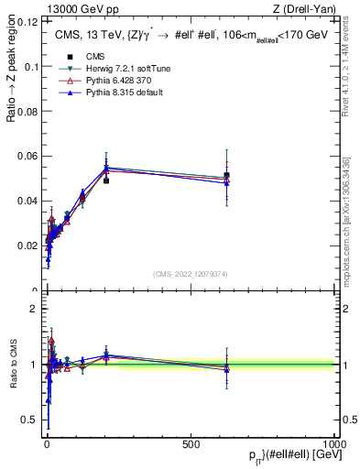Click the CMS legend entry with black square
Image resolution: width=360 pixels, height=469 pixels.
tap(82, 56)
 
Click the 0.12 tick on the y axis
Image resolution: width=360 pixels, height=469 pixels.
tap(29, 22)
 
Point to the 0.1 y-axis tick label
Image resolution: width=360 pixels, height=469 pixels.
tap(32, 67)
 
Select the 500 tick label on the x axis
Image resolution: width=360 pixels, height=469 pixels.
tap(191, 442)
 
